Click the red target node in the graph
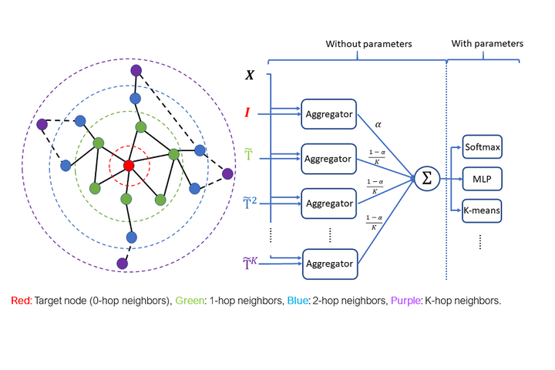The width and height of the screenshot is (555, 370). pos(129,166)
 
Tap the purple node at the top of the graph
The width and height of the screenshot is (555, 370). pos(136,71)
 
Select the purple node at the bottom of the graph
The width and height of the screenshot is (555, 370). pos(122,264)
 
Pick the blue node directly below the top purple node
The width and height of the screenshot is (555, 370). pos(136,99)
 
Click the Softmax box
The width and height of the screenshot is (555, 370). pos(483,145)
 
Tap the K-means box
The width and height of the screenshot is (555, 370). pos(483,209)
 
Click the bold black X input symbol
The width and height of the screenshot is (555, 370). pos(250,76)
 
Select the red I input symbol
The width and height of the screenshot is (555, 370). pos(247,113)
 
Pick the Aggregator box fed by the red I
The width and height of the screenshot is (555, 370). pos(329,114)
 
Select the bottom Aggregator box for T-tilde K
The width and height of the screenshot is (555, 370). pos(329,263)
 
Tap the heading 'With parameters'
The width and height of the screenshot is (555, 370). pos(486,44)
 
